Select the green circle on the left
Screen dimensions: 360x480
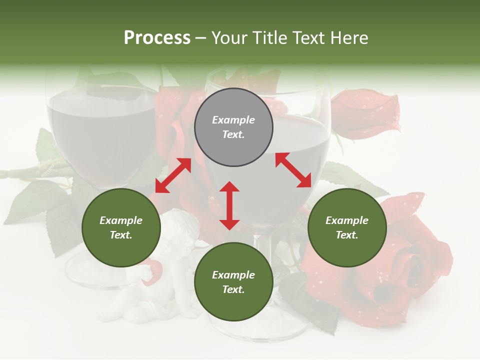tap(121, 227)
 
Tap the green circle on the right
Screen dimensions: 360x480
tap(347, 227)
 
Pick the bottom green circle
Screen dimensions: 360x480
tap(233, 282)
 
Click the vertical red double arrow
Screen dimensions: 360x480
tap(229, 205)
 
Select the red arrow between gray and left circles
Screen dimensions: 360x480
tap(173, 175)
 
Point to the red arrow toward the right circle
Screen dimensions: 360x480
tap(293, 170)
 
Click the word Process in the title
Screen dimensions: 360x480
tap(157, 37)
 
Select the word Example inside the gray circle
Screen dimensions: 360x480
tap(233, 120)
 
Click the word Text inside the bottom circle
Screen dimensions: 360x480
tap(233, 289)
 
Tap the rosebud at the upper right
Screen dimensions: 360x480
tap(367, 112)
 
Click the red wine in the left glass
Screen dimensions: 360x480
tap(102, 135)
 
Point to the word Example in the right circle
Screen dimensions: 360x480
tap(347, 220)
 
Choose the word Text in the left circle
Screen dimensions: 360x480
tap(121, 235)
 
